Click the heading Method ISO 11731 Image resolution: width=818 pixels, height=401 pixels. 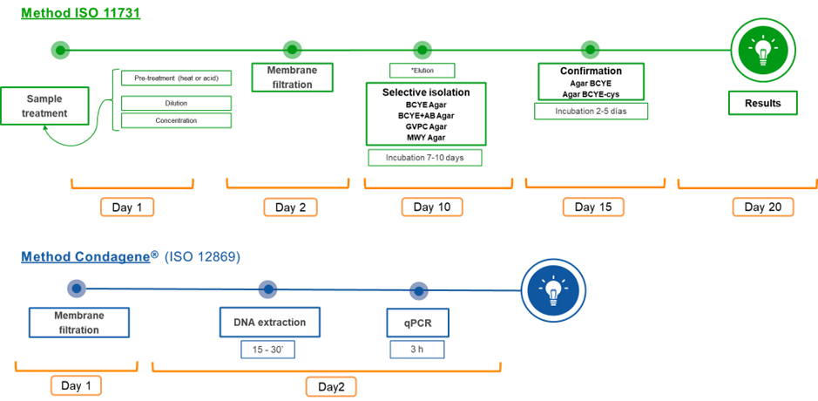pos(80,14)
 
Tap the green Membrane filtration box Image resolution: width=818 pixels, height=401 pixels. pos(293,77)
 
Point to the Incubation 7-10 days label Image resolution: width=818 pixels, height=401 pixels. pos(425,158)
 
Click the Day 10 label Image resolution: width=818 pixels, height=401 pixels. pos(432,207)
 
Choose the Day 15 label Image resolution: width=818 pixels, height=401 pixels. pos(592,207)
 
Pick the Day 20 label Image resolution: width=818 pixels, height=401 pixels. pos(763,207)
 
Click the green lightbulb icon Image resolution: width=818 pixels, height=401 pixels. pos(763,51)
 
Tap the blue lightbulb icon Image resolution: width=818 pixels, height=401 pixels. pos(554,290)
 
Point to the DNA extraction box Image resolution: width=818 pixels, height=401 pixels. pos(269,323)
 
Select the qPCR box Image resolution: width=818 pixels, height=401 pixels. pos(417,323)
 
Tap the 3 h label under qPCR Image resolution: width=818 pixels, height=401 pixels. pos(417,349)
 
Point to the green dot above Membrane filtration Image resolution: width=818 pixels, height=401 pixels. pos(293,50)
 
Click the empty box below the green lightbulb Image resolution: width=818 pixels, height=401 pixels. pos(762,103)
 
